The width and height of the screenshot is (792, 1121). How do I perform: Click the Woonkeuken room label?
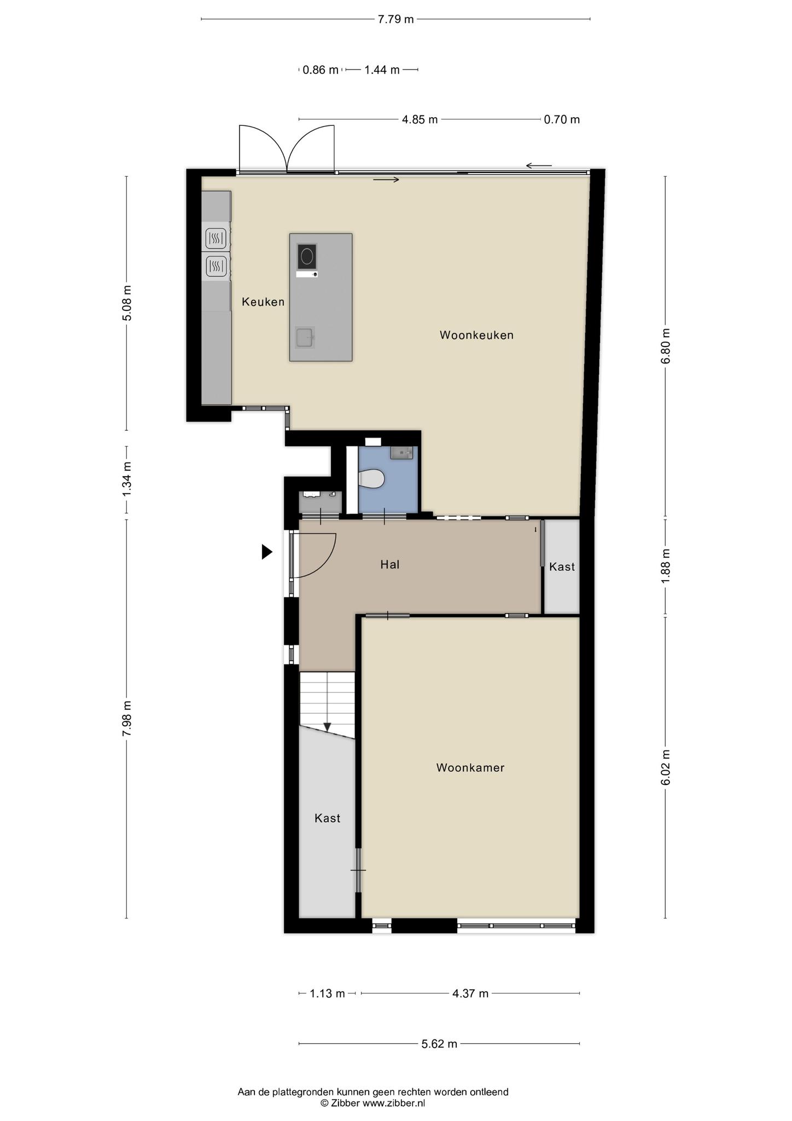(476, 335)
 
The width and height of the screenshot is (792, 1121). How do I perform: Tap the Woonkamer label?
(470, 767)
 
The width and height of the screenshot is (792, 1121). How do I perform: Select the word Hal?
(390, 564)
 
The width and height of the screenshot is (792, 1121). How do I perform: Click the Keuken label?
(263, 302)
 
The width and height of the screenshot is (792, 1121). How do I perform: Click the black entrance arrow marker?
(267, 552)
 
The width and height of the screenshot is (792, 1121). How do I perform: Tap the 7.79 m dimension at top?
(396, 20)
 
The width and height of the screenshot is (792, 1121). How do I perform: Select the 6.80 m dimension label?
(665, 346)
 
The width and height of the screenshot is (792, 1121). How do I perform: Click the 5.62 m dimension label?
(439, 1044)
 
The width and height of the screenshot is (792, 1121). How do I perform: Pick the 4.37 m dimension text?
(470, 993)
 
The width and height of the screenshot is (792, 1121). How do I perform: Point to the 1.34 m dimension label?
(127, 479)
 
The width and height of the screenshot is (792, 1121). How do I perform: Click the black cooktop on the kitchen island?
(307, 256)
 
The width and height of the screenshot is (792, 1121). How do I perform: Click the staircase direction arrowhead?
(327, 727)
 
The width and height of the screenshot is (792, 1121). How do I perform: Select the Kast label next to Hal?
(562, 567)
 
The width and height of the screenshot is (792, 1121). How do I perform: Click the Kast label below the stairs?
(328, 818)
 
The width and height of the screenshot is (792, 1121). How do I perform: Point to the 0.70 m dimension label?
(562, 119)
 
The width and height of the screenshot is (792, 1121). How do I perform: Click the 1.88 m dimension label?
(665, 566)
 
